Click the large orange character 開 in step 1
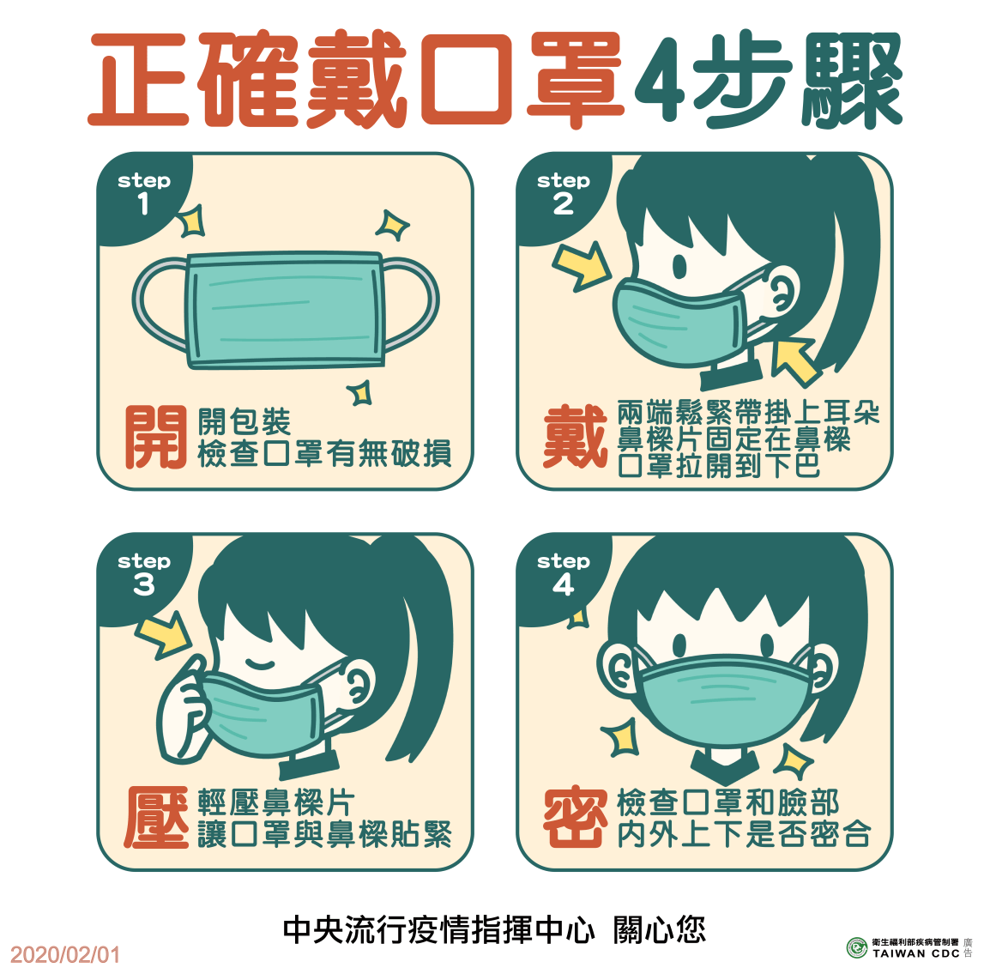pyautogui.click(x=155, y=438)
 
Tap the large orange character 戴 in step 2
pyautogui.click(x=574, y=438)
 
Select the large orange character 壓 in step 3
pyautogui.click(x=155, y=818)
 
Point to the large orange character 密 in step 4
pyautogui.click(x=574, y=818)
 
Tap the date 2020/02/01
pyautogui.click(x=65, y=954)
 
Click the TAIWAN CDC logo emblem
pyautogui.click(x=856, y=947)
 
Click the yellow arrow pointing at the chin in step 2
pyautogui.click(x=794, y=359)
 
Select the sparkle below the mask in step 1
pyautogui.click(x=360, y=393)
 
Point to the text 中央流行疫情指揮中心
pyautogui.click(x=438, y=929)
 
